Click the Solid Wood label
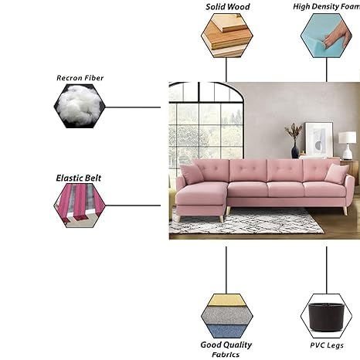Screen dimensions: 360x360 228,7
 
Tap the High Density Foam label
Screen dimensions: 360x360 327,7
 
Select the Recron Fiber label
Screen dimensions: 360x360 80,78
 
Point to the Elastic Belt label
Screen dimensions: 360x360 79,178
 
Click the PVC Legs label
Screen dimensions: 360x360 327,345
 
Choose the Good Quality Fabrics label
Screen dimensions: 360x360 226,349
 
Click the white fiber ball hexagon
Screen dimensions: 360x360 80,106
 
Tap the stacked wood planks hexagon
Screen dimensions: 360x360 227,36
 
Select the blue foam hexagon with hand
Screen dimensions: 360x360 326,36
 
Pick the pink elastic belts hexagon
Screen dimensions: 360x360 80,205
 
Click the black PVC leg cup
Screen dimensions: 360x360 326,317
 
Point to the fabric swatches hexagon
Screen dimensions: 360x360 227,316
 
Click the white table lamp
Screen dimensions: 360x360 348,145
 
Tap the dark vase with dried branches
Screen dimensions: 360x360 294,141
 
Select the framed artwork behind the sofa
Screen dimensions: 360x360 319,139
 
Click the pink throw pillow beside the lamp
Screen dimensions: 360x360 337,173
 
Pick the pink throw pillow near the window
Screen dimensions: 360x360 192,174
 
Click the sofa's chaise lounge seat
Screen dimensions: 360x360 201,194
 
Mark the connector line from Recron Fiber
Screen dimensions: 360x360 133,107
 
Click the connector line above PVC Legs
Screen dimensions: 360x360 327,270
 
